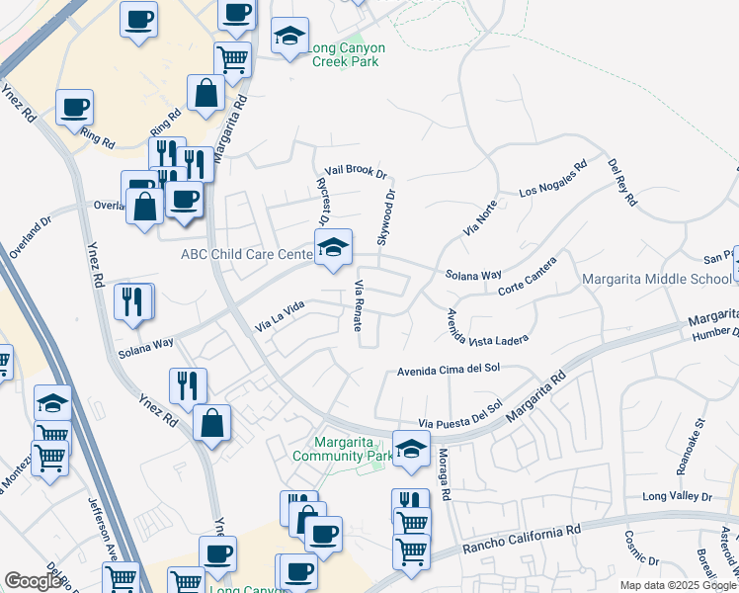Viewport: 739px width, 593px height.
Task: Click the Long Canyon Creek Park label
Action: click(347, 54)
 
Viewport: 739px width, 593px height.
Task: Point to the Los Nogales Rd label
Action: click(553, 180)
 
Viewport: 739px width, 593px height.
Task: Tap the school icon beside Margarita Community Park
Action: click(410, 448)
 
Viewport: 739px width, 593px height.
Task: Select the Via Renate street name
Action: click(360, 305)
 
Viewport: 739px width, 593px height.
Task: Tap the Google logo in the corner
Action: click(33, 581)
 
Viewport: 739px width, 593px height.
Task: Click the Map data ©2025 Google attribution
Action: click(679, 585)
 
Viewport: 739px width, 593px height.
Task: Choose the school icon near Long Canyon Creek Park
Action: click(288, 38)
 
